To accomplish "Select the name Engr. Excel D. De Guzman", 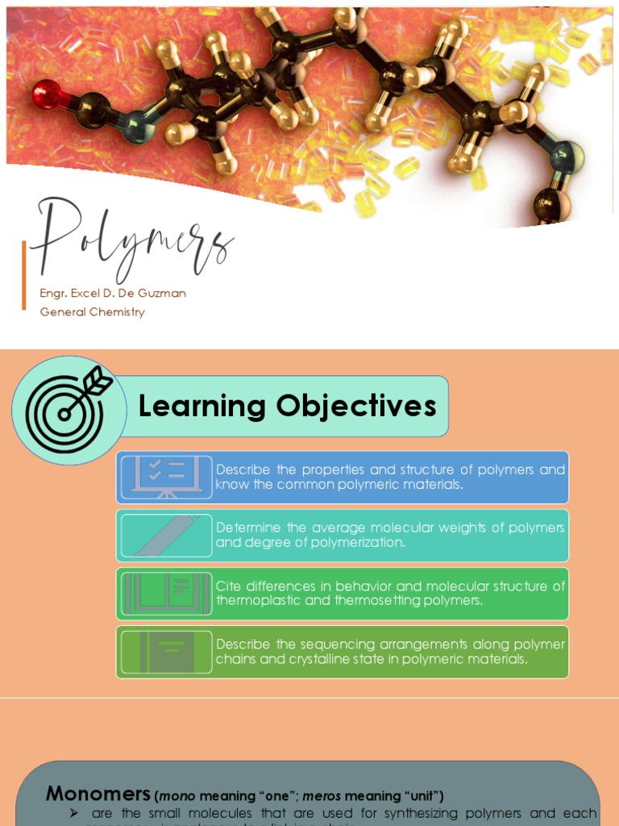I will pos(113,294).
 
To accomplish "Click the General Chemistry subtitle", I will pos(93,312).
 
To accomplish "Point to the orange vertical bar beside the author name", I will pos(24,275).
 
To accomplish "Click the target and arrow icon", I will pos(69,410).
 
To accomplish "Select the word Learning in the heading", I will pos(202,406).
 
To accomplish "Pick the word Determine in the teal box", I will pos(245,528).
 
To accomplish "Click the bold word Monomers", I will pos(98,794).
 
